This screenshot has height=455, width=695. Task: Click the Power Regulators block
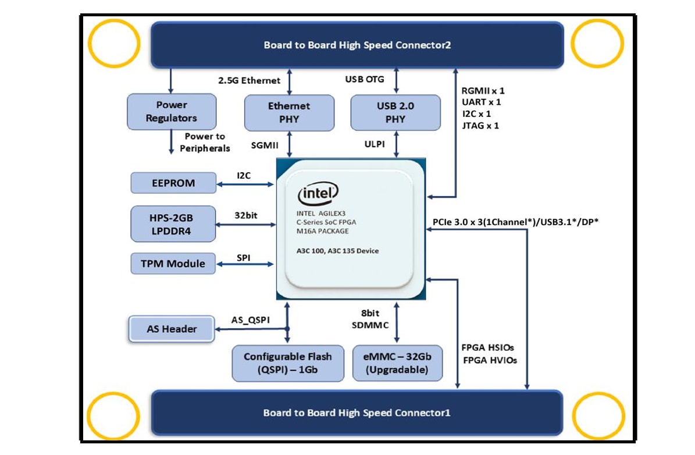tap(172, 112)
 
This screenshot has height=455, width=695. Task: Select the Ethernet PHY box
tap(289, 113)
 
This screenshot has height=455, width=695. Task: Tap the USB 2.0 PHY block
tap(396, 113)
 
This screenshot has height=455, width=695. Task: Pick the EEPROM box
tap(173, 183)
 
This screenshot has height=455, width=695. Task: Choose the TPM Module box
tap(173, 264)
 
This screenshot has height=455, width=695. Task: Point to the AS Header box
tap(171, 329)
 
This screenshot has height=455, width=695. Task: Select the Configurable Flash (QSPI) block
tap(287, 363)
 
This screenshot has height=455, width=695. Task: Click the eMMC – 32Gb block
tap(397, 363)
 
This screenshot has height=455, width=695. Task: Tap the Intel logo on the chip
tap(318, 194)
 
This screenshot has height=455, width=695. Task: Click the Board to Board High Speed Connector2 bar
tap(357, 45)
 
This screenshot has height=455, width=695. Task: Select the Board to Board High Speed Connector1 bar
tap(357, 413)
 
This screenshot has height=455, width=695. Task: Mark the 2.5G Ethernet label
tap(249, 81)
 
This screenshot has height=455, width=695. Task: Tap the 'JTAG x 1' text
tap(480, 125)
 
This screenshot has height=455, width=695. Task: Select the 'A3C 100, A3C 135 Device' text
tap(337, 251)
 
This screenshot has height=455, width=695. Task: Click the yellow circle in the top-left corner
tap(114, 45)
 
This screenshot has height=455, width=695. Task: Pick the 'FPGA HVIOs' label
tap(490, 360)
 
